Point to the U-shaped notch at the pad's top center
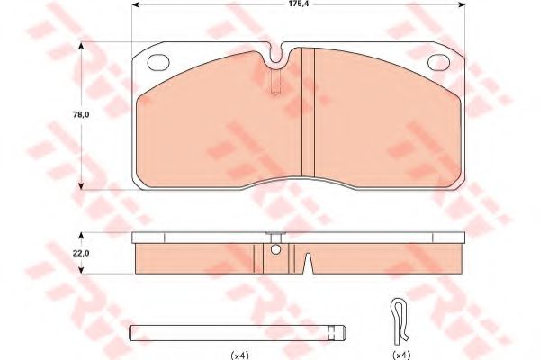pos(279,57)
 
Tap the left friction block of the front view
pos(216,121)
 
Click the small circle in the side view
pos(276,250)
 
